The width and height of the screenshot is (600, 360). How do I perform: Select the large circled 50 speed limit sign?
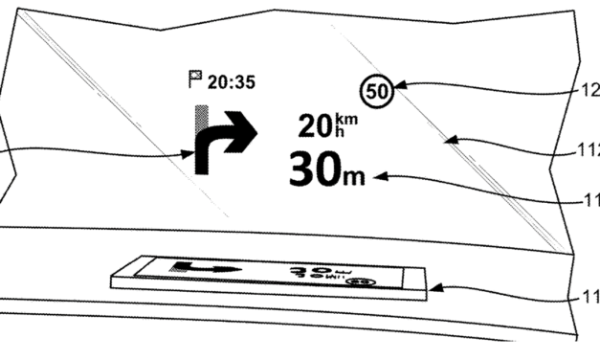coord(376,94)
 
